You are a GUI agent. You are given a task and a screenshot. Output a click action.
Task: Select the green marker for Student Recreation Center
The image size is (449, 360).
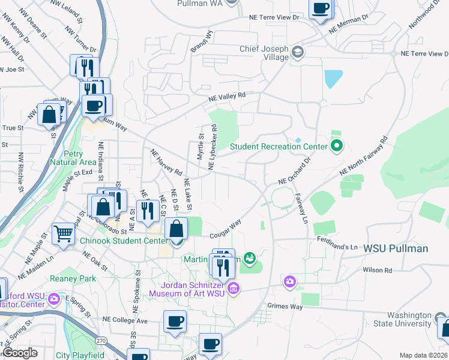[x=337, y=146]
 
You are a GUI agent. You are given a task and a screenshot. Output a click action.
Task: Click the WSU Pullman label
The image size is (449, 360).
[x=396, y=248]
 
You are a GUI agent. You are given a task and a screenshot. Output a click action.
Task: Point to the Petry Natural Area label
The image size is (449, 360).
[x=73, y=157]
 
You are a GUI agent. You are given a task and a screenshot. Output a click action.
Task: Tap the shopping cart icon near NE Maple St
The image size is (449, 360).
[x=63, y=233]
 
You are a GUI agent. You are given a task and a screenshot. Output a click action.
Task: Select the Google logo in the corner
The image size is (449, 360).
[x=19, y=353]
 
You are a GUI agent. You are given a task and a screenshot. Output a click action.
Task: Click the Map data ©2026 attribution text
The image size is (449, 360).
[x=423, y=355]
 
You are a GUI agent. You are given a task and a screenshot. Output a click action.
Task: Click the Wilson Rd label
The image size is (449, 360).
[x=377, y=271]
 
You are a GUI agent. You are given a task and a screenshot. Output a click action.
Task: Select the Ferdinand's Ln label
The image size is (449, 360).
[x=337, y=247]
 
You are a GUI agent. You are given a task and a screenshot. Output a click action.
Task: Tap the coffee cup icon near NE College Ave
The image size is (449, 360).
[x=175, y=322]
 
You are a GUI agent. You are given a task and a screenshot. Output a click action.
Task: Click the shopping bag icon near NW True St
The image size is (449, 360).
[x=49, y=113]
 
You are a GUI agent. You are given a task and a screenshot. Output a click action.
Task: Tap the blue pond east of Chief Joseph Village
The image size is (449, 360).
[x=333, y=79]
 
